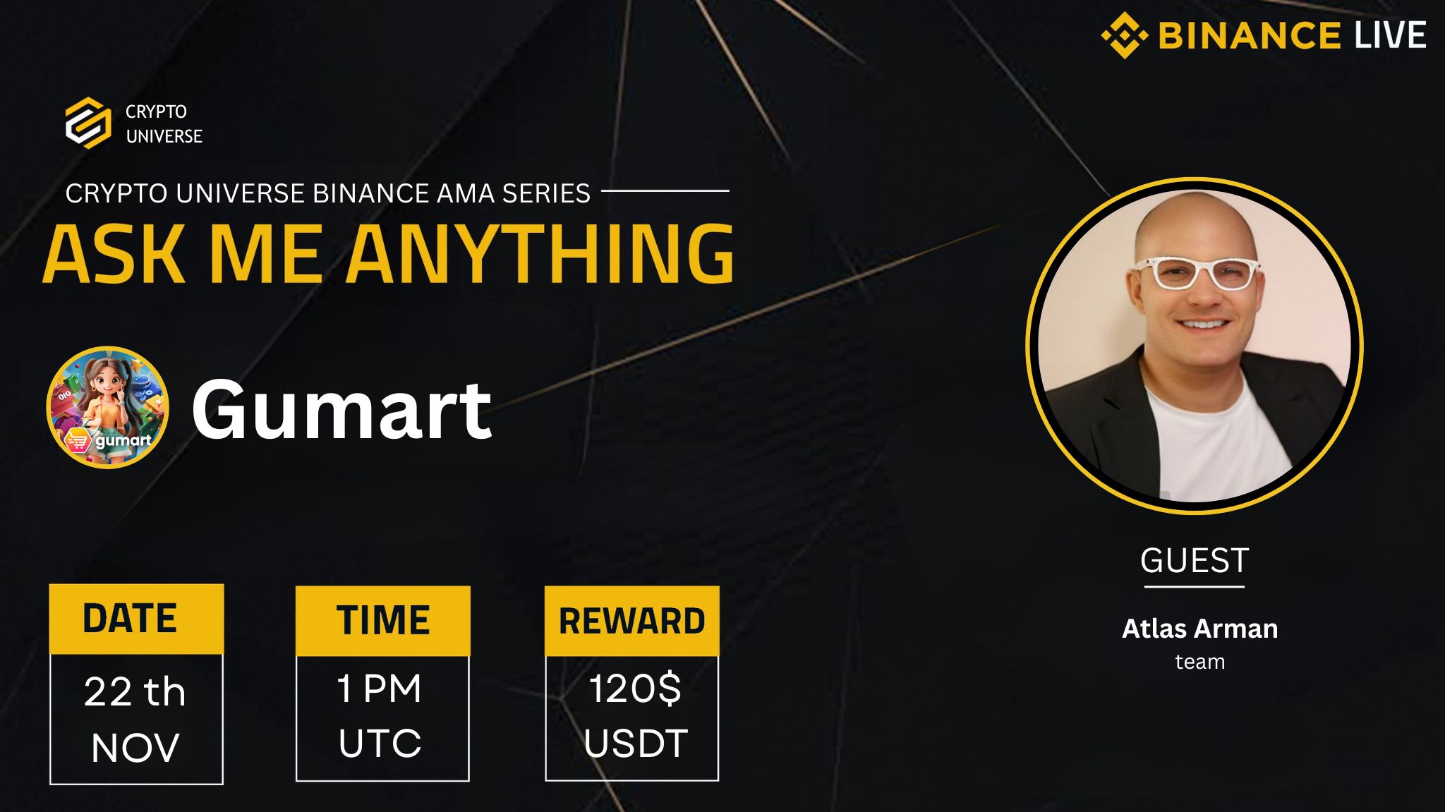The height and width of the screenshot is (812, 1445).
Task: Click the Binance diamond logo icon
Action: point(1124,35)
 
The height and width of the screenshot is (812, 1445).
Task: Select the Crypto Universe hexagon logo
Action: point(88,123)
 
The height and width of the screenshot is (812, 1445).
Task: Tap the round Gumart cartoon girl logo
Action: point(107,407)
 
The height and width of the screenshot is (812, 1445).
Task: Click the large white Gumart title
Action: point(341,409)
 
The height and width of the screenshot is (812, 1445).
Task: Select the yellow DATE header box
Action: point(136,619)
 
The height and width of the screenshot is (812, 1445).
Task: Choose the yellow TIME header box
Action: point(382,620)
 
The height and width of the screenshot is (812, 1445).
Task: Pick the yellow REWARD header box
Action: point(631,621)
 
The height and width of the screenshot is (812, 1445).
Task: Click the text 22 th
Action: point(135,691)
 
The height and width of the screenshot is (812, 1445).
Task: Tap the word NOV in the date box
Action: point(135,748)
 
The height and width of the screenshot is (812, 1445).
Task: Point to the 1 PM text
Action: point(380,689)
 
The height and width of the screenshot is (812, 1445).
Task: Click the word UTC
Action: point(380,744)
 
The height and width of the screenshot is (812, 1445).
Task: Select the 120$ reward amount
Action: point(635,689)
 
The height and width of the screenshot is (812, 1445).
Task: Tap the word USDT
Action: point(635,744)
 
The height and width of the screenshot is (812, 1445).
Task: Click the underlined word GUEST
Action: point(1195,562)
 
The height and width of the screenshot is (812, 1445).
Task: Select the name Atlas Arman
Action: point(1199,629)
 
